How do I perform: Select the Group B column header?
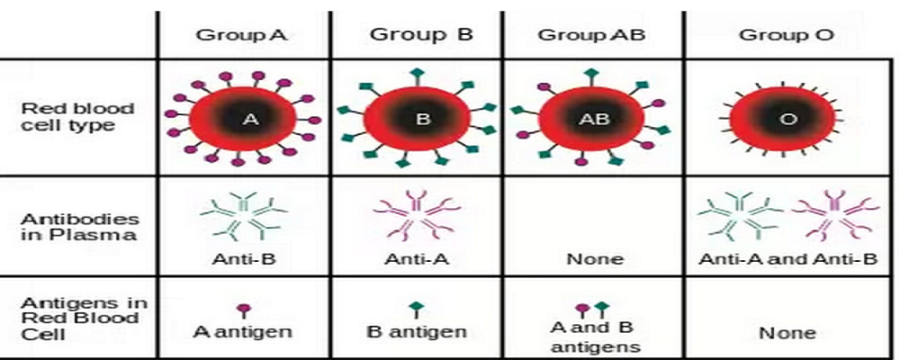[x=420, y=35]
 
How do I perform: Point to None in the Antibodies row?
[x=594, y=259]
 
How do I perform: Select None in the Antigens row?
[x=787, y=332]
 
